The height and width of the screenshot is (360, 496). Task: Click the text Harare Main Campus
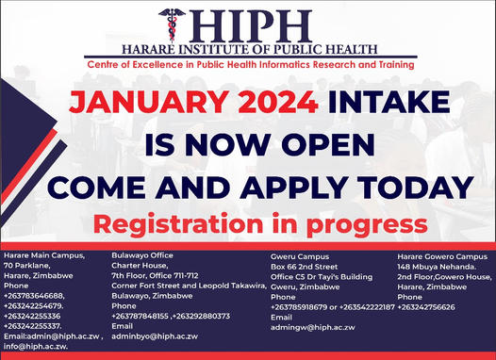click(x=43, y=255)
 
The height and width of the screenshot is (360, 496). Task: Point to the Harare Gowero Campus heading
click(x=439, y=255)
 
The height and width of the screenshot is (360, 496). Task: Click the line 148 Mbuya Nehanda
click(x=433, y=266)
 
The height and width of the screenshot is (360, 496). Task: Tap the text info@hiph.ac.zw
click(x=37, y=347)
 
